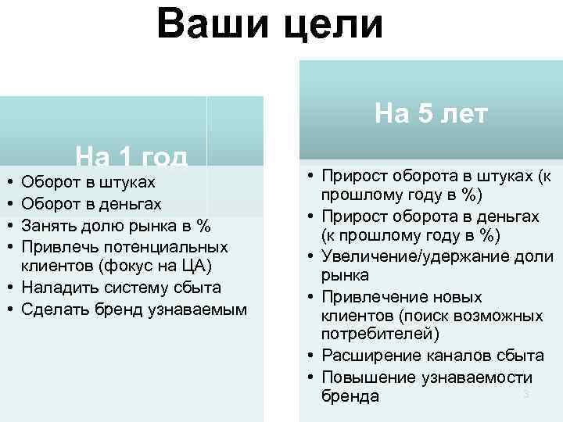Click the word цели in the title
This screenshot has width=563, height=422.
(x=334, y=24)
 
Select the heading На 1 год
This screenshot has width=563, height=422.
(x=131, y=158)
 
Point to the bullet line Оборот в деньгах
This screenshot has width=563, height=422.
(x=92, y=205)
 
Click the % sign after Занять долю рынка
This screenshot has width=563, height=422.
(x=203, y=226)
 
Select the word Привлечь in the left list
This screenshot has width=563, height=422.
(x=59, y=247)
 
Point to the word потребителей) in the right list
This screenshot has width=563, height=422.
(x=380, y=335)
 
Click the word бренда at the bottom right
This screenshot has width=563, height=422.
(x=350, y=397)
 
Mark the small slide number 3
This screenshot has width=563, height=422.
(x=526, y=394)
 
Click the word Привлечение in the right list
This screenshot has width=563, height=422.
(x=371, y=297)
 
